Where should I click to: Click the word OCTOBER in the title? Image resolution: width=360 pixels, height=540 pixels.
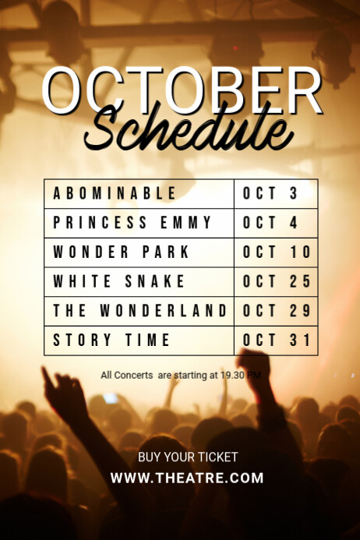point(182,91)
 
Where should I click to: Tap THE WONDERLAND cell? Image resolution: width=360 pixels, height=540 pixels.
point(139,311)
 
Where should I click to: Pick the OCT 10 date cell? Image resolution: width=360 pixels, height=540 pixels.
point(277,252)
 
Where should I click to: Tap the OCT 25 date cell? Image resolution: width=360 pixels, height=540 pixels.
point(277,281)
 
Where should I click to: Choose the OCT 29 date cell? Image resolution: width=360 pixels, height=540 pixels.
point(277,311)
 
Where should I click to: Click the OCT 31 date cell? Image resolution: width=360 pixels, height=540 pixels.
point(277,341)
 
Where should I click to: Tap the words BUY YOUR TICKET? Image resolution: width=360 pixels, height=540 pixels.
point(188,457)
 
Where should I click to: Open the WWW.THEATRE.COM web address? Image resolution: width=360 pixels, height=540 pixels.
point(187,478)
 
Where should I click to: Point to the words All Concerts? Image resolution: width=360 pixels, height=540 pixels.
point(127,375)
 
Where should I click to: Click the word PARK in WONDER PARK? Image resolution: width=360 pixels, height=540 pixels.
point(165,252)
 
